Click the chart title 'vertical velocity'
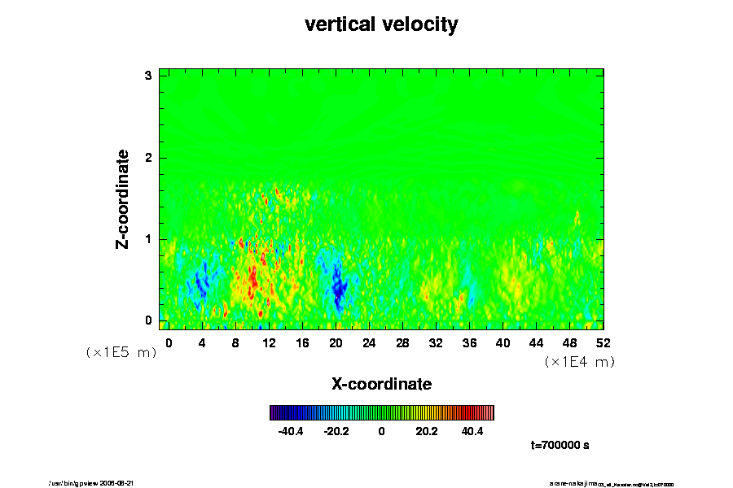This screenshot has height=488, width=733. pyautogui.click(x=381, y=24)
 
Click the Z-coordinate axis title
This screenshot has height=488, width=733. pyautogui.click(x=123, y=198)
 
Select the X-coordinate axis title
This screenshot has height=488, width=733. pyautogui.click(x=381, y=383)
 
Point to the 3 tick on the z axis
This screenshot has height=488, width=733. pyautogui.click(x=148, y=76)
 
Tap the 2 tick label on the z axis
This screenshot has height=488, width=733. pyautogui.click(x=148, y=157)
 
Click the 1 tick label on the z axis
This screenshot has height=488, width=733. pyautogui.click(x=148, y=239)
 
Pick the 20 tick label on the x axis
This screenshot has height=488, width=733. pyautogui.click(x=336, y=343)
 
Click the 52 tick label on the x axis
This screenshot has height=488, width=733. pyautogui.click(x=604, y=343)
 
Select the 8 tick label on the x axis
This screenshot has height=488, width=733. pyautogui.click(x=235, y=343)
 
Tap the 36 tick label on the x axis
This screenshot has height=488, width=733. pyautogui.click(x=469, y=343)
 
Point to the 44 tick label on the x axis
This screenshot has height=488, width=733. pyautogui.click(x=537, y=343)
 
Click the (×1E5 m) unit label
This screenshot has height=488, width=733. pyautogui.click(x=121, y=352)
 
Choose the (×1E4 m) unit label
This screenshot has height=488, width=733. pyautogui.click(x=579, y=362)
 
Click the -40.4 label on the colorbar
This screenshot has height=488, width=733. pyautogui.click(x=291, y=432)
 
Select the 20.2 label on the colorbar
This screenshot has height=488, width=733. pyautogui.click(x=427, y=432)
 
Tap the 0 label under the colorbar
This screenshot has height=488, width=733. pyautogui.click(x=381, y=432)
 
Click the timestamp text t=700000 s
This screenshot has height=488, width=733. pyautogui.click(x=560, y=446)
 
